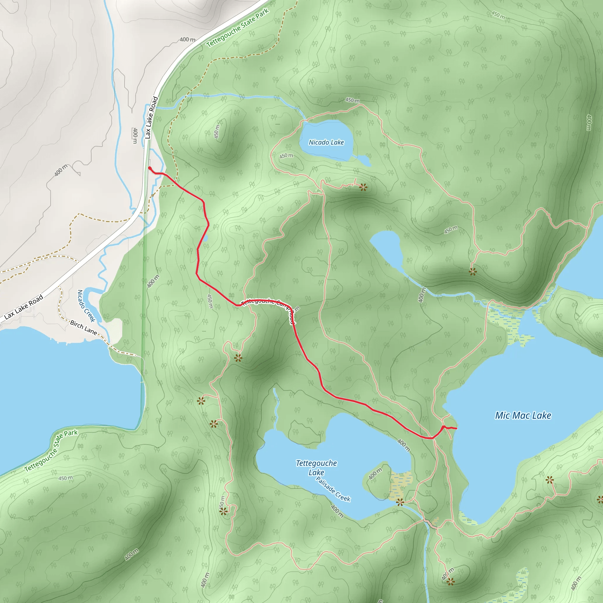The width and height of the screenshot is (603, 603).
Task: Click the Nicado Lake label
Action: click(x=326, y=142)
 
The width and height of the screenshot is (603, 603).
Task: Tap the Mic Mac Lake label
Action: click(x=523, y=415)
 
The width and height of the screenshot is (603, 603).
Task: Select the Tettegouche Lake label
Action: click(x=316, y=468)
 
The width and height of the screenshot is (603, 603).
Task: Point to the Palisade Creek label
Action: click(x=333, y=489)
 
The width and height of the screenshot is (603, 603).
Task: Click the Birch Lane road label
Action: click(x=83, y=327)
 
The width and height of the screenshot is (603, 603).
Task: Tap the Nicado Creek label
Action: click(x=86, y=306)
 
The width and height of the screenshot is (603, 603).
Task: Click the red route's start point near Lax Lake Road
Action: click(x=150, y=168)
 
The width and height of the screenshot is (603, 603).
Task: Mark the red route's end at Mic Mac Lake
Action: click(x=456, y=428)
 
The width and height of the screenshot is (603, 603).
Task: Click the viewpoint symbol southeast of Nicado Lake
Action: click(x=363, y=187)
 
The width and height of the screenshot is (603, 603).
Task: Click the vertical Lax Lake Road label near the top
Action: click(x=151, y=118)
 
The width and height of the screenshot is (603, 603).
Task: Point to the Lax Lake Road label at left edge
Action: click(x=24, y=307)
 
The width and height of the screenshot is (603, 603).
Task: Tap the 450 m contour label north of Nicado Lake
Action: click(x=352, y=100)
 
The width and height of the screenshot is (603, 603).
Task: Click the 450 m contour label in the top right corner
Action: click(x=498, y=15)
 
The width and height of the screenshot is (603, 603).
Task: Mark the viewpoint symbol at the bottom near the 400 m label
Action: click(x=450, y=582)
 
